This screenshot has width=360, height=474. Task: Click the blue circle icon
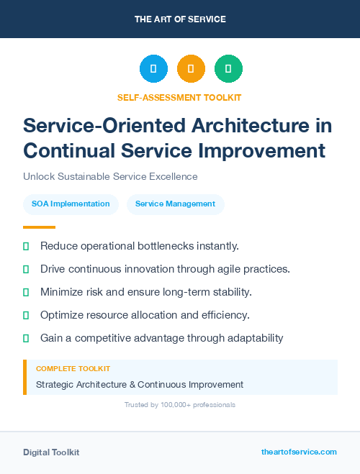tap(153, 69)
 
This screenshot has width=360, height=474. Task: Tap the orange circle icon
tap(191, 69)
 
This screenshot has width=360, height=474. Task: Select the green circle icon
tap(228, 69)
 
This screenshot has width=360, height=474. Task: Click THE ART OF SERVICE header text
tap(180, 19)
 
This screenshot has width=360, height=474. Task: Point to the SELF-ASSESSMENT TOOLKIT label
tap(179, 97)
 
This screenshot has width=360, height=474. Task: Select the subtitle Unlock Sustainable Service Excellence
tap(110, 176)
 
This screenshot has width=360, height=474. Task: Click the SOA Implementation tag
tap(71, 204)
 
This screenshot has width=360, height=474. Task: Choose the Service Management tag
tap(175, 204)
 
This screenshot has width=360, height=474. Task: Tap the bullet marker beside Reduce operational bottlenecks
tap(26, 246)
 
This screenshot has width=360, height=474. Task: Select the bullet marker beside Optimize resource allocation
tap(26, 315)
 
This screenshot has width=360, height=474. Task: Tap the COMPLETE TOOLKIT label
tap(73, 369)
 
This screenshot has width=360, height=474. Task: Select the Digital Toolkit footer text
tap(51, 452)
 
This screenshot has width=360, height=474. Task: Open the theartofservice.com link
tap(299, 452)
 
